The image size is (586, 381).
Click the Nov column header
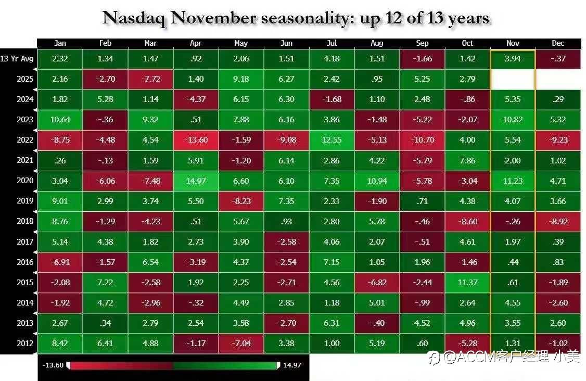tap(513, 43)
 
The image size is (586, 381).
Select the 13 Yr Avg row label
tap(17, 58)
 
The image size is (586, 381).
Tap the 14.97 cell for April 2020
tap(196, 181)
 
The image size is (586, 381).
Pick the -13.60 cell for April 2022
tap(196, 140)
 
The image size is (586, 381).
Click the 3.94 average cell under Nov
tap(513, 59)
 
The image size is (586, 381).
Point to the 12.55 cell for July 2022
tap(332, 140)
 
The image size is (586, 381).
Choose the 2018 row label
tap(24, 221)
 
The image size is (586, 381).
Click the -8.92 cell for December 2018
tap(558, 221)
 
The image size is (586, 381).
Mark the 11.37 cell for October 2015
tap(467, 282)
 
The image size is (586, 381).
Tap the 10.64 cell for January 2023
tap(60, 120)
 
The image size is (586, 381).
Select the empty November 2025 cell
tap(513, 79)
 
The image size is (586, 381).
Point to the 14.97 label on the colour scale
tap(292, 365)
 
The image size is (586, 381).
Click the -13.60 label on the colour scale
tap(53, 365)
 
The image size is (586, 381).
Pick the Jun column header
tap(286, 43)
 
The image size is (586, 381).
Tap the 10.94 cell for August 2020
tap(377, 181)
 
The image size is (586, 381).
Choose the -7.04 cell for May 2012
tap(241, 344)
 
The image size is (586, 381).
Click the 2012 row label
tap(24, 343)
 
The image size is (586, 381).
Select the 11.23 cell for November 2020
tap(513, 181)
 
